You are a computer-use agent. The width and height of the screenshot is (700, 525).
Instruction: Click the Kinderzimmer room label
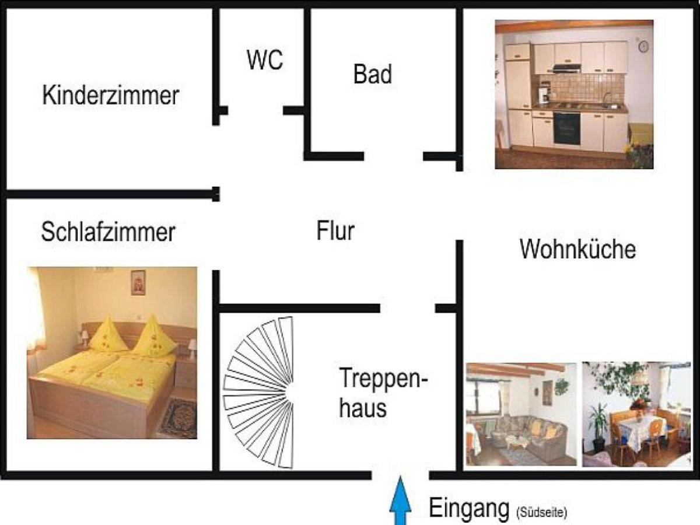[110, 95]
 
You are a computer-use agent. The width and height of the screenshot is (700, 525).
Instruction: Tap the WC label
[265, 60]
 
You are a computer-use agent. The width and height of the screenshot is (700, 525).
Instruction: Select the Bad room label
[373, 74]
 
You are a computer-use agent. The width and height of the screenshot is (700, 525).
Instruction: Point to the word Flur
[335, 231]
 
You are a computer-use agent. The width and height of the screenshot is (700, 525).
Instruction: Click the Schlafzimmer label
[108, 232]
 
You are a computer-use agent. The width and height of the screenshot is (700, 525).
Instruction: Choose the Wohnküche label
[577, 249]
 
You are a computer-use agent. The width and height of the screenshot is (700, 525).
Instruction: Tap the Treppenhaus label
[383, 393]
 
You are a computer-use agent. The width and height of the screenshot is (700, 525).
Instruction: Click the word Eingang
[468, 508]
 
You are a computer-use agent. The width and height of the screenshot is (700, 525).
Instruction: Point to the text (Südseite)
[541, 513]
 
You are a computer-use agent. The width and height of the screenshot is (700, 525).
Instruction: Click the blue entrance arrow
[400, 501]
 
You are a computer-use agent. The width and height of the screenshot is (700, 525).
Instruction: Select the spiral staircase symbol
[258, 393]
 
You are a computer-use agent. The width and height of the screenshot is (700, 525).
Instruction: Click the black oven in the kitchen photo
[566, 128]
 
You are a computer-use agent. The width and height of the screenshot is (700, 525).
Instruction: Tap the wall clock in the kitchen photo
[643, 47]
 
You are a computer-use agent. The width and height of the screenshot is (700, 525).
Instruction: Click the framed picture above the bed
[138, 282]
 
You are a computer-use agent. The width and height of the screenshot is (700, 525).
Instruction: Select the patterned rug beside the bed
[179, 418]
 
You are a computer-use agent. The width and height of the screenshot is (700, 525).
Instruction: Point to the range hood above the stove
[566, 67]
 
